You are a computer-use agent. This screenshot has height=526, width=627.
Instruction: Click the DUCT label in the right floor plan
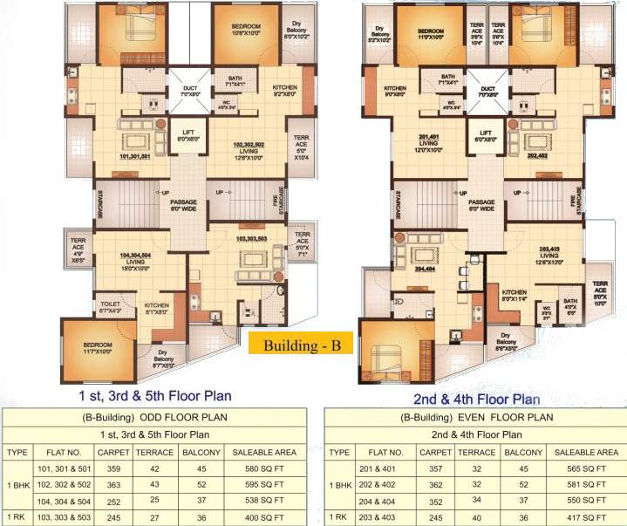[487, 91]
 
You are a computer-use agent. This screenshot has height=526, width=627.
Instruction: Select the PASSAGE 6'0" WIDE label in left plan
[189, 206]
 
